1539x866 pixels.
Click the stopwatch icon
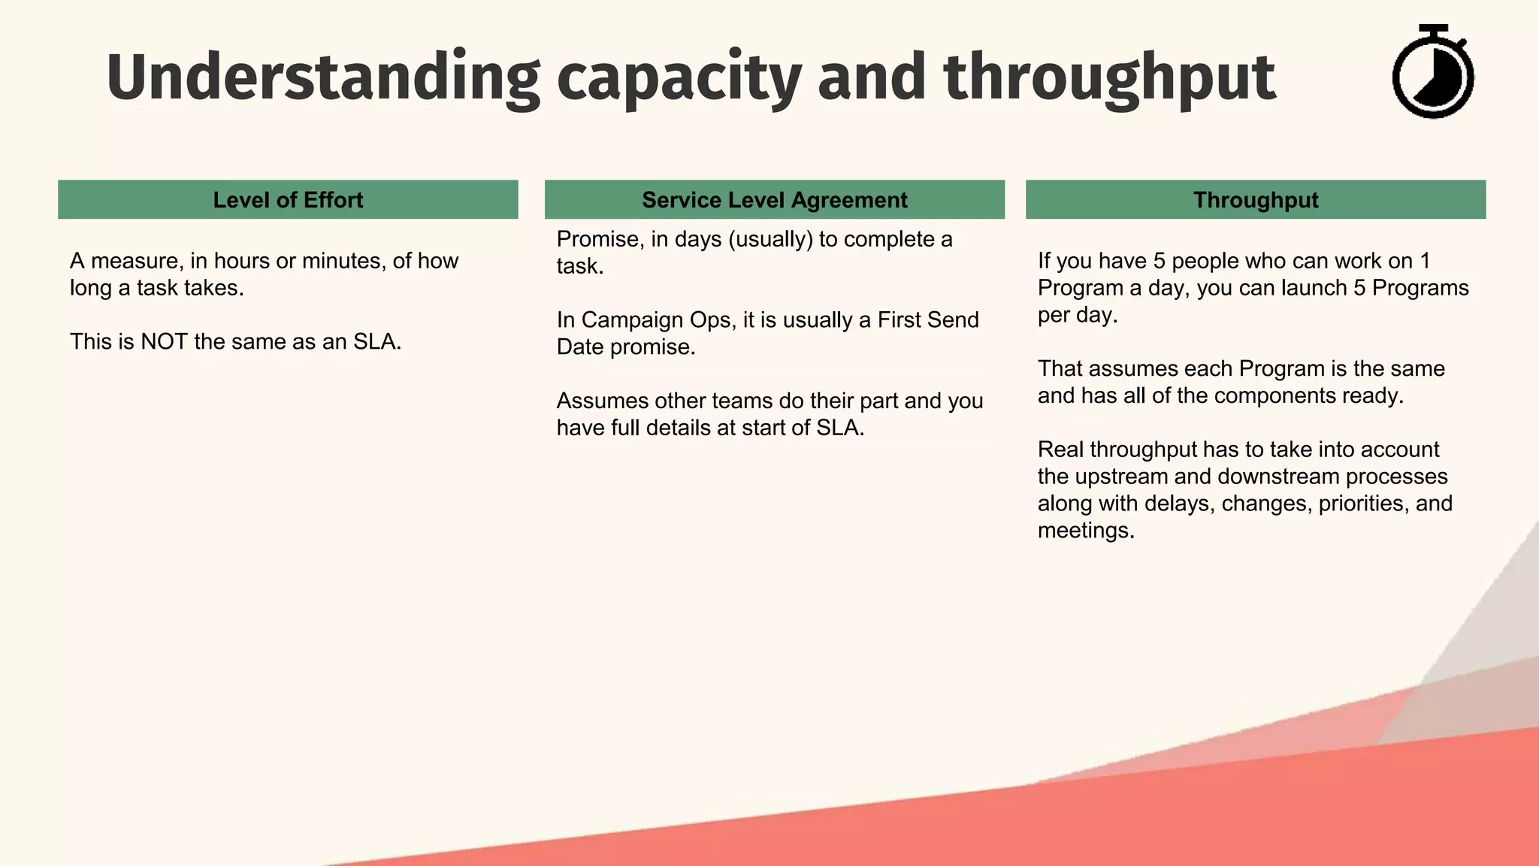tap(1432, 72)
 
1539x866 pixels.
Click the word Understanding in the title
tap(323, 78)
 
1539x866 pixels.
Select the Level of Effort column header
tap(288, 200)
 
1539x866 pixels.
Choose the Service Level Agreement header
tap(774, 200)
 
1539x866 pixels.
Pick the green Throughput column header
tap(1255, 200)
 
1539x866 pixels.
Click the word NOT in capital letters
tap(164, 342)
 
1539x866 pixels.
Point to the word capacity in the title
tap(679, 78)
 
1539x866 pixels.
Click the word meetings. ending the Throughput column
tap(1085, 531)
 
